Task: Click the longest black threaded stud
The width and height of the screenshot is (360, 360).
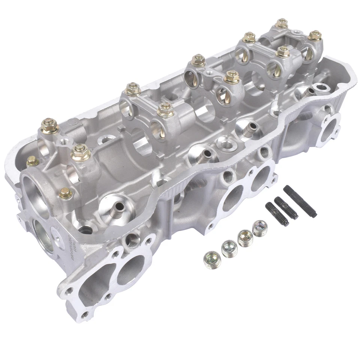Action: click(x=300, y=201)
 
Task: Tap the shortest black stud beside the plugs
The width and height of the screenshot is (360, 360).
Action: click(x=277, y=214)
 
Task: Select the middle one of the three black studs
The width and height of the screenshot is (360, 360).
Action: click(x=286, y=208)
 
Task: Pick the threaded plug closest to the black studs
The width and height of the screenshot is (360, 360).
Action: click(x=259, y=227)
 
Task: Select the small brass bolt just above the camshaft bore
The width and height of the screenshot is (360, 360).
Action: click(x=66, y=193)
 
